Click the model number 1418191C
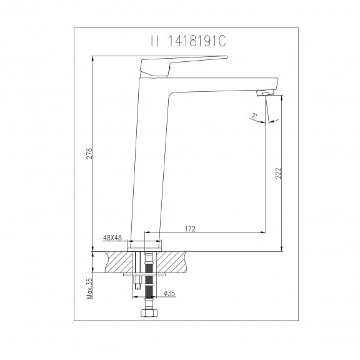(x=197, y=41)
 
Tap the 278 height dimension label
(x=89, y=153)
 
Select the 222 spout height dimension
(x=278, y=173)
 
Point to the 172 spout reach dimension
(x=190, y=229)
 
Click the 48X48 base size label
(x=112, y=237)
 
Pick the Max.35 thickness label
(x=89, y=288)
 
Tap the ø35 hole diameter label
(x=169, y=293)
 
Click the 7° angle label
(x=254, y=116)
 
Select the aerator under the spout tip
(x=266, y=92)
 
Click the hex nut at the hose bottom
(x=149, y=312)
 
